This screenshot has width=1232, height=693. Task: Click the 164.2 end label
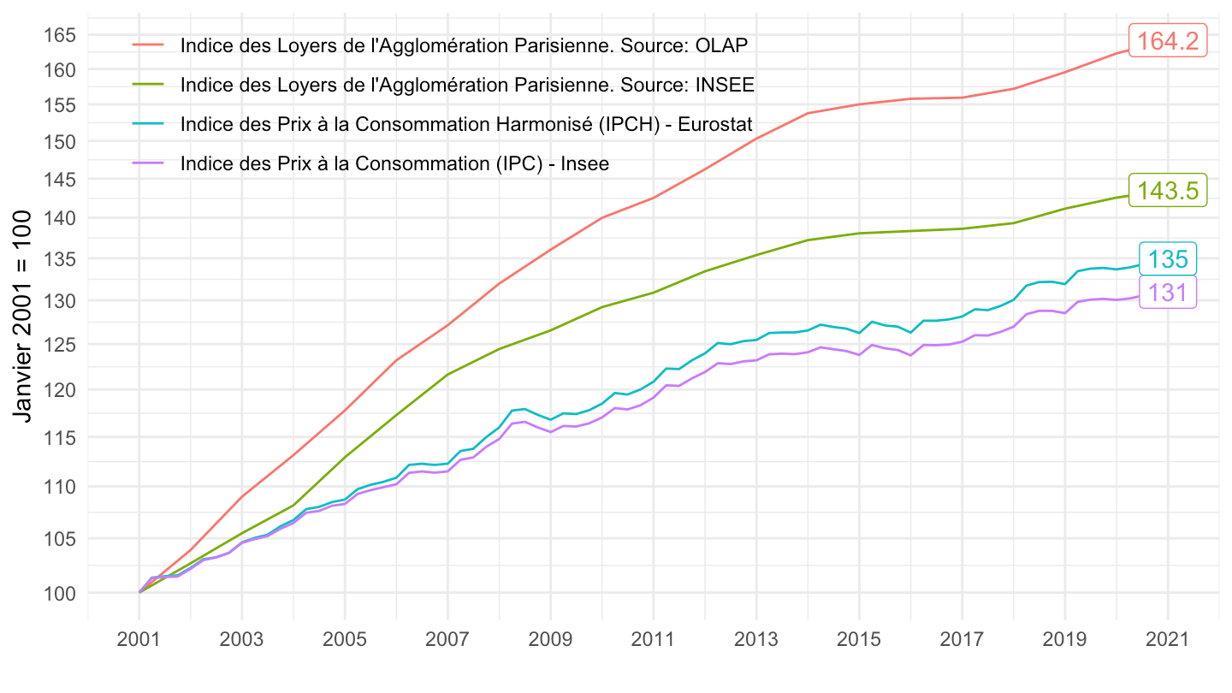(1168, 40)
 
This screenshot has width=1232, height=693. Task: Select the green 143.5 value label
(1168, 191)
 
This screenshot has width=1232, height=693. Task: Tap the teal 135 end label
(1167, 259)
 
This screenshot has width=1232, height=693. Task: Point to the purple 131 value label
(1167, 293)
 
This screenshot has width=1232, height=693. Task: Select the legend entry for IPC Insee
(394, 163)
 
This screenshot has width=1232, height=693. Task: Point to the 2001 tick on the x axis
(139, 640)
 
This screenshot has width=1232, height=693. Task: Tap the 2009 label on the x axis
(550, 640)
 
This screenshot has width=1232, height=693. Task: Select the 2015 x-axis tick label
(859, 640)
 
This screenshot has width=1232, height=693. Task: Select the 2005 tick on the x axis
(345, 640)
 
